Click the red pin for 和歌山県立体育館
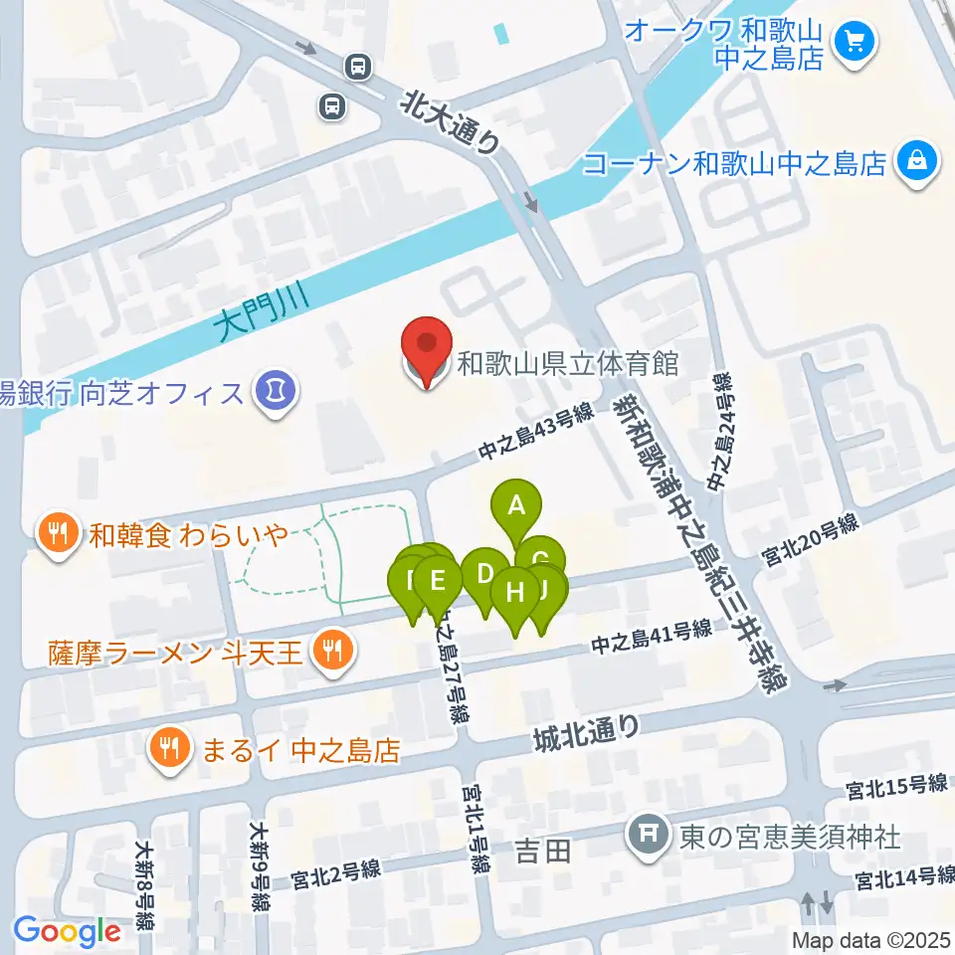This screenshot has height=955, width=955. (427, 349)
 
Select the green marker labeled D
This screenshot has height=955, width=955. (485, 576)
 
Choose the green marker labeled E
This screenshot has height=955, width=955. (437, 579)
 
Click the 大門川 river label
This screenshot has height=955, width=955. (263, 311)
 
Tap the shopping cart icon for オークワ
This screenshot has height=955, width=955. (854, 42)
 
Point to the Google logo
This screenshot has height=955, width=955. (67, 932)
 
